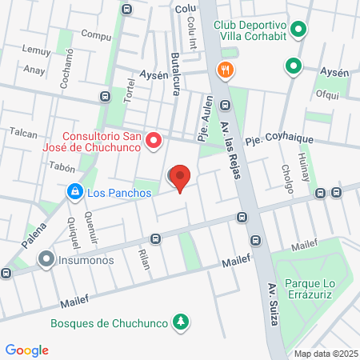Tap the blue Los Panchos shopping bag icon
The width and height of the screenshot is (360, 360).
click(74, 192)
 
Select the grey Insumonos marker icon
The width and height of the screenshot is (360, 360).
click(47, 259)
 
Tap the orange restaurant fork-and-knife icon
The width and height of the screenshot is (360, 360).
click(226, 70)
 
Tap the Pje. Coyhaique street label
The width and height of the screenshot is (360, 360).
click(279, 139)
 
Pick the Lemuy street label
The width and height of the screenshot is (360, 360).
click(36, 50)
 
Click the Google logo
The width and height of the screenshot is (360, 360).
click(26, 350)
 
